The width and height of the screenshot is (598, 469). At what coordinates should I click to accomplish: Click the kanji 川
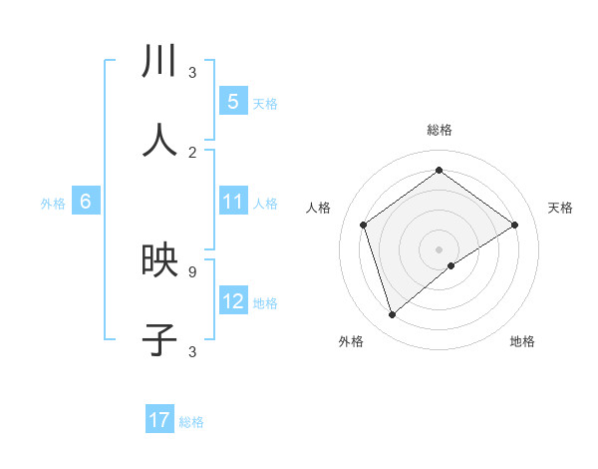pyautogui.click(x=160, y=62)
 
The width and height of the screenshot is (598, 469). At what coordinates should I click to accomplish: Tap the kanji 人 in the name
pyautogui.click(x=160, y=141)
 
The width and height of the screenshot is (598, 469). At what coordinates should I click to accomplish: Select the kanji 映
pyautogui.click(x=160, y=260)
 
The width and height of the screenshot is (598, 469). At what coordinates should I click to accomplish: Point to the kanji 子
pyautogui.click(x=160, y=339)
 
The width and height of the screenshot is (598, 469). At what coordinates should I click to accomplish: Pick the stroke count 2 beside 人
pyautogui.click(x=192, y=152)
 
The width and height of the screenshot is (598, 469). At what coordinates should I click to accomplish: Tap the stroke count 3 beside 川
pyautogui.click(x=192, y=73)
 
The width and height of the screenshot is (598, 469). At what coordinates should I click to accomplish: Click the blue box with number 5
pyautogui.click(x=233, y=101)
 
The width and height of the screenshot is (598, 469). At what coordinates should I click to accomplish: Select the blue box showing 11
pyautogui.click(x=233, y=202)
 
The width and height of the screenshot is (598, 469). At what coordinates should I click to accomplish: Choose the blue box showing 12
pyautogui.click(x=233, y=301)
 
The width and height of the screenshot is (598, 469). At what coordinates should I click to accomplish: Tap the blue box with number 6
pyautogui.click(x=86, y=202)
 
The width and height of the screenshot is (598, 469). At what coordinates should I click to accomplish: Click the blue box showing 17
pyautogui.click(x=159, y=420)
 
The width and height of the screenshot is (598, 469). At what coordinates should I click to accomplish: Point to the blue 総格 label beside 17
pyautogui.click(x=191, y=422)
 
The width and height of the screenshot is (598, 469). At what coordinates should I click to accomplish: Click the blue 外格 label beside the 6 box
pyautogui.click(x=53, y=204)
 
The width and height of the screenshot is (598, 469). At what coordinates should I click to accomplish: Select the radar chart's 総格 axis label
pyautogui.click(x=439, y=130)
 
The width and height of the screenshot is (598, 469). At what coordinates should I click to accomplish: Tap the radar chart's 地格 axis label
pyautogui.click(x=522, y=341)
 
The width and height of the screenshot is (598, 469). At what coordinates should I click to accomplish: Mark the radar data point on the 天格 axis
pyautogui.click(x=514, y=225)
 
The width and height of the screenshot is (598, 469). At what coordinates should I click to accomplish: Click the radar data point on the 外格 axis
pyautogui.click(x=393, y=315)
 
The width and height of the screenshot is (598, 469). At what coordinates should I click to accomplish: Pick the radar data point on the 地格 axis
pyautogui.click(x=451, y=265)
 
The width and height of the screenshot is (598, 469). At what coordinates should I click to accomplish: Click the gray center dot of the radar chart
pyautogui.click(x=439, y=248)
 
